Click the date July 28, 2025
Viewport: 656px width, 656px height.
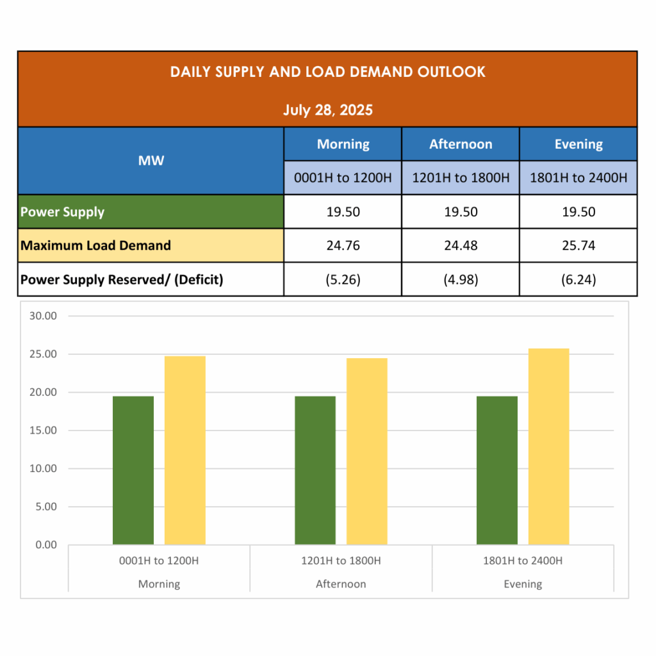[327, 110]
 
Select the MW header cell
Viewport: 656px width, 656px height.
[151, 160]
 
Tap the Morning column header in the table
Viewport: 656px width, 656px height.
[343, 144]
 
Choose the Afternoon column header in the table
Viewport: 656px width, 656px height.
[461, 144]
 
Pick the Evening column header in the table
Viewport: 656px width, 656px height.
[578, 144]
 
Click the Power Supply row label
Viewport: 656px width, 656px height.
[62, 212]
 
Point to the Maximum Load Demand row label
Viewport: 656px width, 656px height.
[95, 245]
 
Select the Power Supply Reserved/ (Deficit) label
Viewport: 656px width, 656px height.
[122, 279]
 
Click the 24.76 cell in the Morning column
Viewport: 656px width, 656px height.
[343, 245]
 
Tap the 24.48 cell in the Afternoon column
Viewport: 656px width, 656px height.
[461, 245]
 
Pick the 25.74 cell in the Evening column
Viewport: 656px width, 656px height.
[578, 245]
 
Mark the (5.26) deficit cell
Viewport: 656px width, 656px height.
[343, 279]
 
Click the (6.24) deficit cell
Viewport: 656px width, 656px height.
[578, 279]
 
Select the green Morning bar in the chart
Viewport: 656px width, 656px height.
[133, 470]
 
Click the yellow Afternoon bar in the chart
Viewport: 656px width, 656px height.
[367, 451]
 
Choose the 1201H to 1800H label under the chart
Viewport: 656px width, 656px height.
[341, 561]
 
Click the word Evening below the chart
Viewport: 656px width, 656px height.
[523, 584]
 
